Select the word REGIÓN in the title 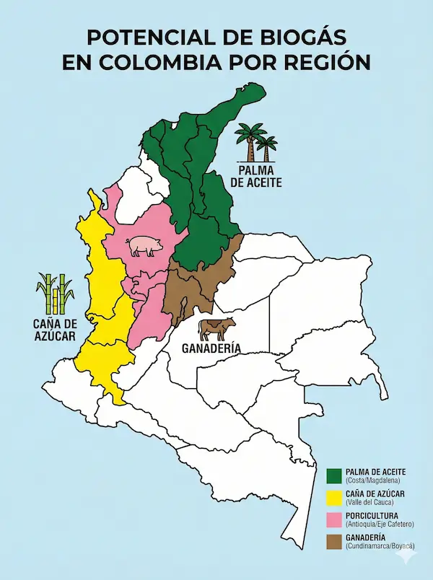point(319,62)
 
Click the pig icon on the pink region point(145,247)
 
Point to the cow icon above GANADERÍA point(217,329)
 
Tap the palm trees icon point(256,142)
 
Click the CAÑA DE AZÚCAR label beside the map point(54,328)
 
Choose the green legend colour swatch point(333,475)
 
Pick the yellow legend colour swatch point(333,497)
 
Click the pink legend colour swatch point(333,519)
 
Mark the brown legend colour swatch point(333,542)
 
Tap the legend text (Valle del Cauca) point(370,502)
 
